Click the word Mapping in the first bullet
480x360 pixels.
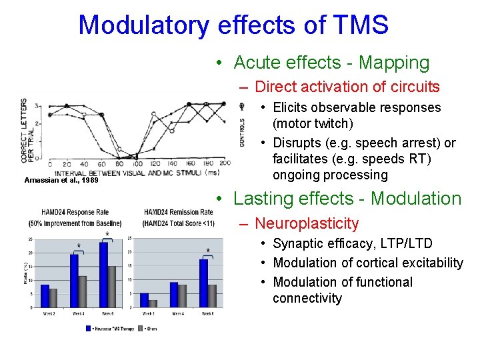coord(394,63)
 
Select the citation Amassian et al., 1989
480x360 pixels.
coord(61,180)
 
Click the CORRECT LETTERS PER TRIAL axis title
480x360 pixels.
coord(27,131)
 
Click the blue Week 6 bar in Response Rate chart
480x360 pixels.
coord(103,275)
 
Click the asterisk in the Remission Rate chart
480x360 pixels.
coord(207,251)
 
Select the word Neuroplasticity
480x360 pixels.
coord(307,223)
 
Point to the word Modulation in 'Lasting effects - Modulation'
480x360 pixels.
coord(416,199)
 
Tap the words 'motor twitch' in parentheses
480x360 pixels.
coord(313,124)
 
